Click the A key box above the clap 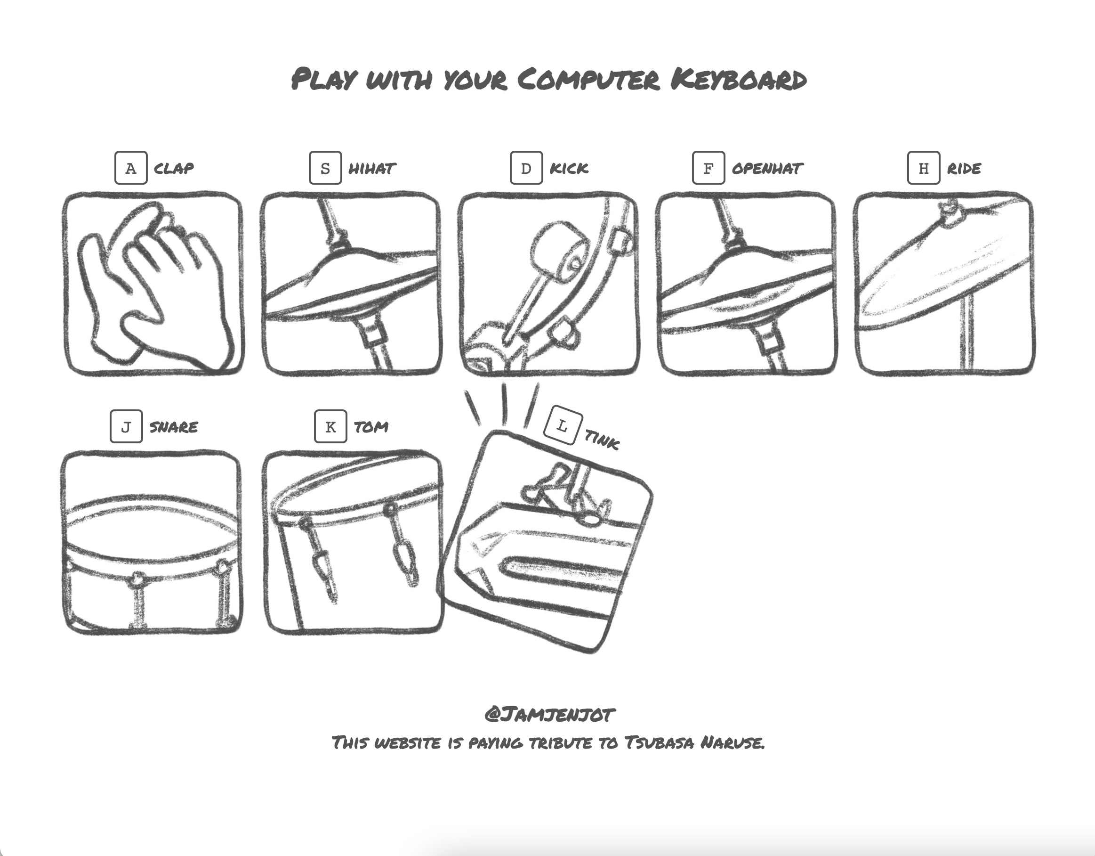tap(131, 168)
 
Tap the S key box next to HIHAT tap(325, 168)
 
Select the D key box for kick tap(526, 168)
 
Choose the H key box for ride tap(924, 168)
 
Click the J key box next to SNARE tap(126, 426)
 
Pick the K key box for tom tap(330, 426)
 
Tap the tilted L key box tap(563, 425)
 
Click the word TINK tap(602, 440)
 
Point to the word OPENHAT tap(767, 168)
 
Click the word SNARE tap(173, 427)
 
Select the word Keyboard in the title tap(738, 80)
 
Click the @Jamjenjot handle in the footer tap(549, 714)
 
